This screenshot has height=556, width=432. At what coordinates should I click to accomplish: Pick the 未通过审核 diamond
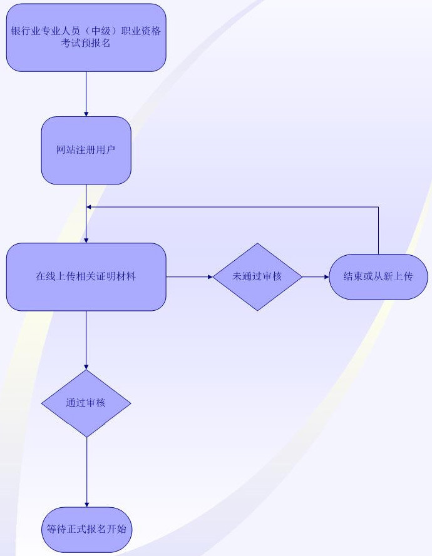click(x=257, y=276)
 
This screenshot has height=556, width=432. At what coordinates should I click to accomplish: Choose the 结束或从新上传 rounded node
click(x=378, y=276)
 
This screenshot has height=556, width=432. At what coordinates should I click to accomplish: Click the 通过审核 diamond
click(x=86, y=403)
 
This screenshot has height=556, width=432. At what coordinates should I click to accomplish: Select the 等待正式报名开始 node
click(x=86, y=529)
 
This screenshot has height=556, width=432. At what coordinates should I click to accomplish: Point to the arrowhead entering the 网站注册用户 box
click(x=86, y=114)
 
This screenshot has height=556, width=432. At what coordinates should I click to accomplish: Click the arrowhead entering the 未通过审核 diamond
click(x=210, y=276)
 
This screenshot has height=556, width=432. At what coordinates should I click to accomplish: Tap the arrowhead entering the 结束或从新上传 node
click(x=326, y=276)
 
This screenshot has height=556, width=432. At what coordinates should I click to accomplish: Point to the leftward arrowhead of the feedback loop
click(x=90, y=207)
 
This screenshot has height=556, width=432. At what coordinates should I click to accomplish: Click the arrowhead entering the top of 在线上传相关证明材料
click(x=86, y=240)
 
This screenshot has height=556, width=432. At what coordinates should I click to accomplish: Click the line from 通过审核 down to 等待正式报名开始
click(x=86, y=469)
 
